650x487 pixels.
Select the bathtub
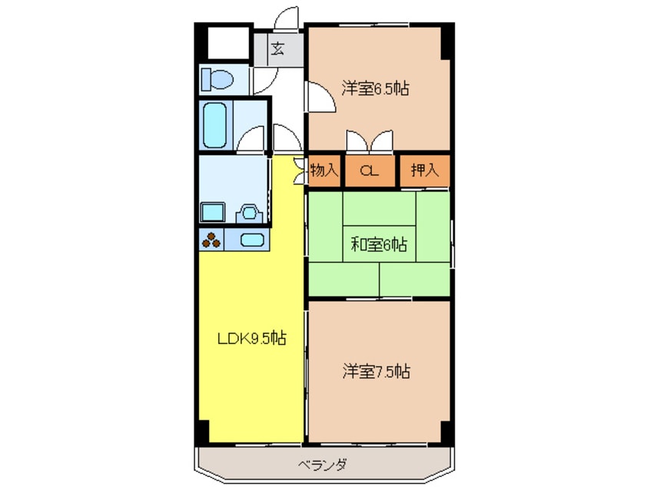tap(215, 125)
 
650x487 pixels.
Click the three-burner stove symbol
tap(211, 240)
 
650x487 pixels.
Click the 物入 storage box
tap(323, 171)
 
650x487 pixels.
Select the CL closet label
tap(370, 172)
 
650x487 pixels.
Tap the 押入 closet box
tap(423, 171)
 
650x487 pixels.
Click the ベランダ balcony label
tap(322, 465)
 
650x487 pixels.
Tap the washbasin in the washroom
tap(248, 212)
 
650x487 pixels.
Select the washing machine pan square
tap(212, 212)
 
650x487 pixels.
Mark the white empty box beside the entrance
tap(227, 43)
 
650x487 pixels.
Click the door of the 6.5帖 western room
tap(317, 99)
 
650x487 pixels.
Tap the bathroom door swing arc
tap(250, 141)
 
